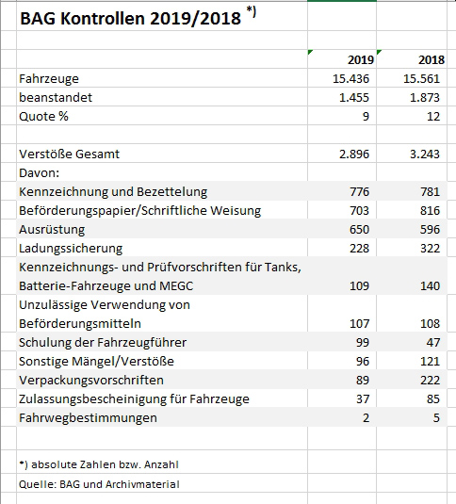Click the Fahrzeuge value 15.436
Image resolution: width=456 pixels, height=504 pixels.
[x=350, y=78]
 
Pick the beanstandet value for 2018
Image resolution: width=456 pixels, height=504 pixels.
[x=424, y=97]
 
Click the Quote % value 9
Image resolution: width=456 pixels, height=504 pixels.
[x=366, y=116]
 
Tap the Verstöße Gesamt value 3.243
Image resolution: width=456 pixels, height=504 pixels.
[x=424, y=154]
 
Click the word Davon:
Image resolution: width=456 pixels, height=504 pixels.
[x=39, y=172]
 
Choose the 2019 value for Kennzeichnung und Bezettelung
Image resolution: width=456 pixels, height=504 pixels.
[x=359, y=191]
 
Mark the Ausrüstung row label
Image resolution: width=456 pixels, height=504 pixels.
[x=52, y=229]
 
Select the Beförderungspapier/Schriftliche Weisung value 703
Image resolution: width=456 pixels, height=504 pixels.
[x=359, y=210]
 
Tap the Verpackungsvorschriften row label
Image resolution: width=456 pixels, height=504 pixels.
[x=90, y=380]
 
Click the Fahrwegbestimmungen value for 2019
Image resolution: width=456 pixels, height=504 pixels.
[x=366, y=417]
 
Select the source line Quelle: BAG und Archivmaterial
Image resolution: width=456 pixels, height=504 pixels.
[x=99, y=484]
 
